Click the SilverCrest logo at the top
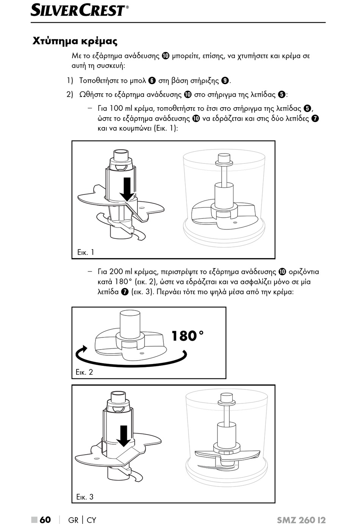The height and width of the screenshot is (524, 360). coord(79,10)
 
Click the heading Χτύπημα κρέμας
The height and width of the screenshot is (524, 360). coord(75,41)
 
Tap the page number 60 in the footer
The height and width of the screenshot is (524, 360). coord(45,519)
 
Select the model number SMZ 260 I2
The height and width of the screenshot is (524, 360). coord(301,520)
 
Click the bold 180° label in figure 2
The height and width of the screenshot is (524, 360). coord(188,336)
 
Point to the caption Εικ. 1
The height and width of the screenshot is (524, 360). coord(85,252)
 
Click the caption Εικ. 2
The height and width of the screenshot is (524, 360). coord(84,372)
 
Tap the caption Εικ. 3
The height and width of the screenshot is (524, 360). coord(85,497)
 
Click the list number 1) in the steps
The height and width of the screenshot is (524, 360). coord(69,80)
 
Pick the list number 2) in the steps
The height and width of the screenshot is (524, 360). coord(69,94)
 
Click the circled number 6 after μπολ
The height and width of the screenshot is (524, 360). coord(152,80)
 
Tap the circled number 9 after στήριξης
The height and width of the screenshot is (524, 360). coord(225,80)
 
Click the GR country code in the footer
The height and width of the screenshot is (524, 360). coord(73,520)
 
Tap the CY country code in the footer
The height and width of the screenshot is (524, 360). coord(91,520)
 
